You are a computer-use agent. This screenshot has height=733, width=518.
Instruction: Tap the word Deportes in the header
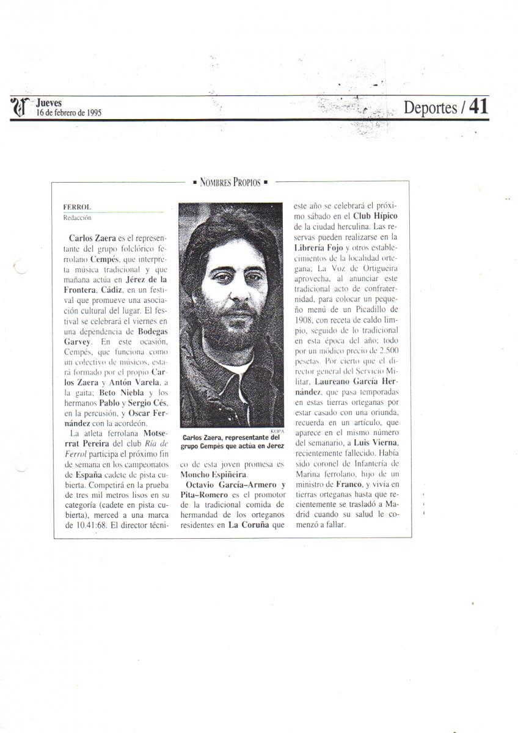pos(431,108)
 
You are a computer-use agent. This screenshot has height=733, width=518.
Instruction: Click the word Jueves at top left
pos(49,103)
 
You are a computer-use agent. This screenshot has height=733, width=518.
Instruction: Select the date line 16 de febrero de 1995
pos(68,112)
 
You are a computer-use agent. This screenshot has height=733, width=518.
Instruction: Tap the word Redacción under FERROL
pos(76,217)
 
